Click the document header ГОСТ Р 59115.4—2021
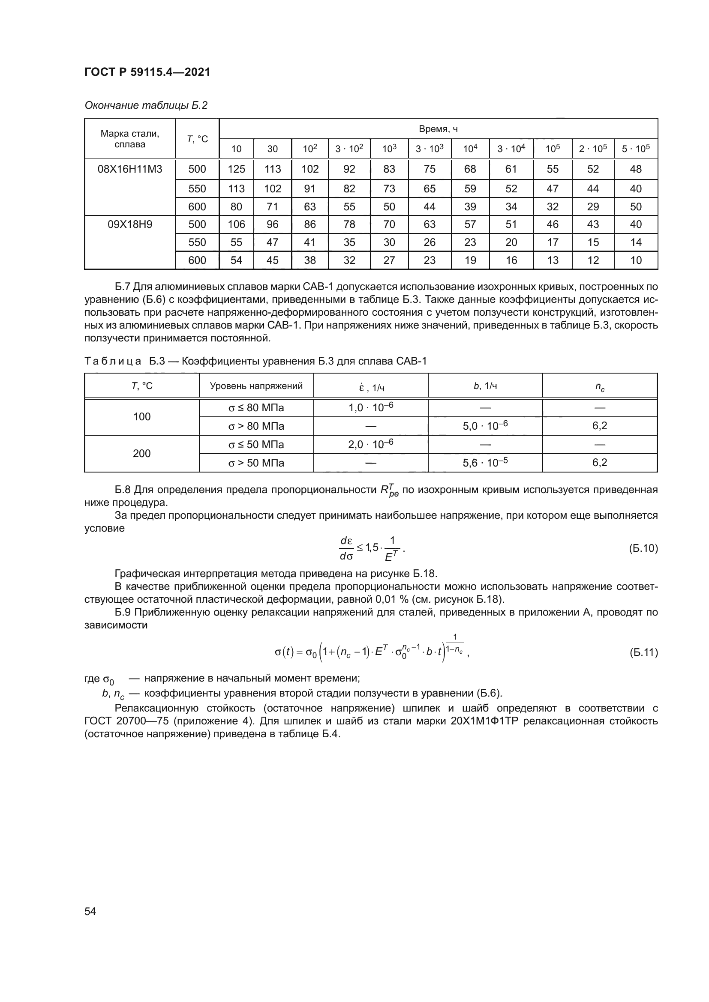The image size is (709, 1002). click(x=147, y=72)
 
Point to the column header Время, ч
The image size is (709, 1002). click(x=438, y=129)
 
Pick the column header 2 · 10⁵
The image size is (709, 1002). click(x=592, y=149)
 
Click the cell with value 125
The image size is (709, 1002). click(x=236, y=169)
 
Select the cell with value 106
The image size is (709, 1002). click(x=236, y=224)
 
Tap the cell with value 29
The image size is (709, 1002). click(x=592, y=207)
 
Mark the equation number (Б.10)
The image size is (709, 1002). click(x=643, y=548)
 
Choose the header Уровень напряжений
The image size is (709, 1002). click(x=256, y=386)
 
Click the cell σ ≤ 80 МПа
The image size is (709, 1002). click(x=256, y=408)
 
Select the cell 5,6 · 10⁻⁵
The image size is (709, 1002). click(x=485, y=463)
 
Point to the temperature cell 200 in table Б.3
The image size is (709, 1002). click(x=141, y=453)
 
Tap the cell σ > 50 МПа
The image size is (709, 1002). click(x=256, y=463)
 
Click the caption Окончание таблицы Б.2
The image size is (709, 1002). click(x=146, y=106)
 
